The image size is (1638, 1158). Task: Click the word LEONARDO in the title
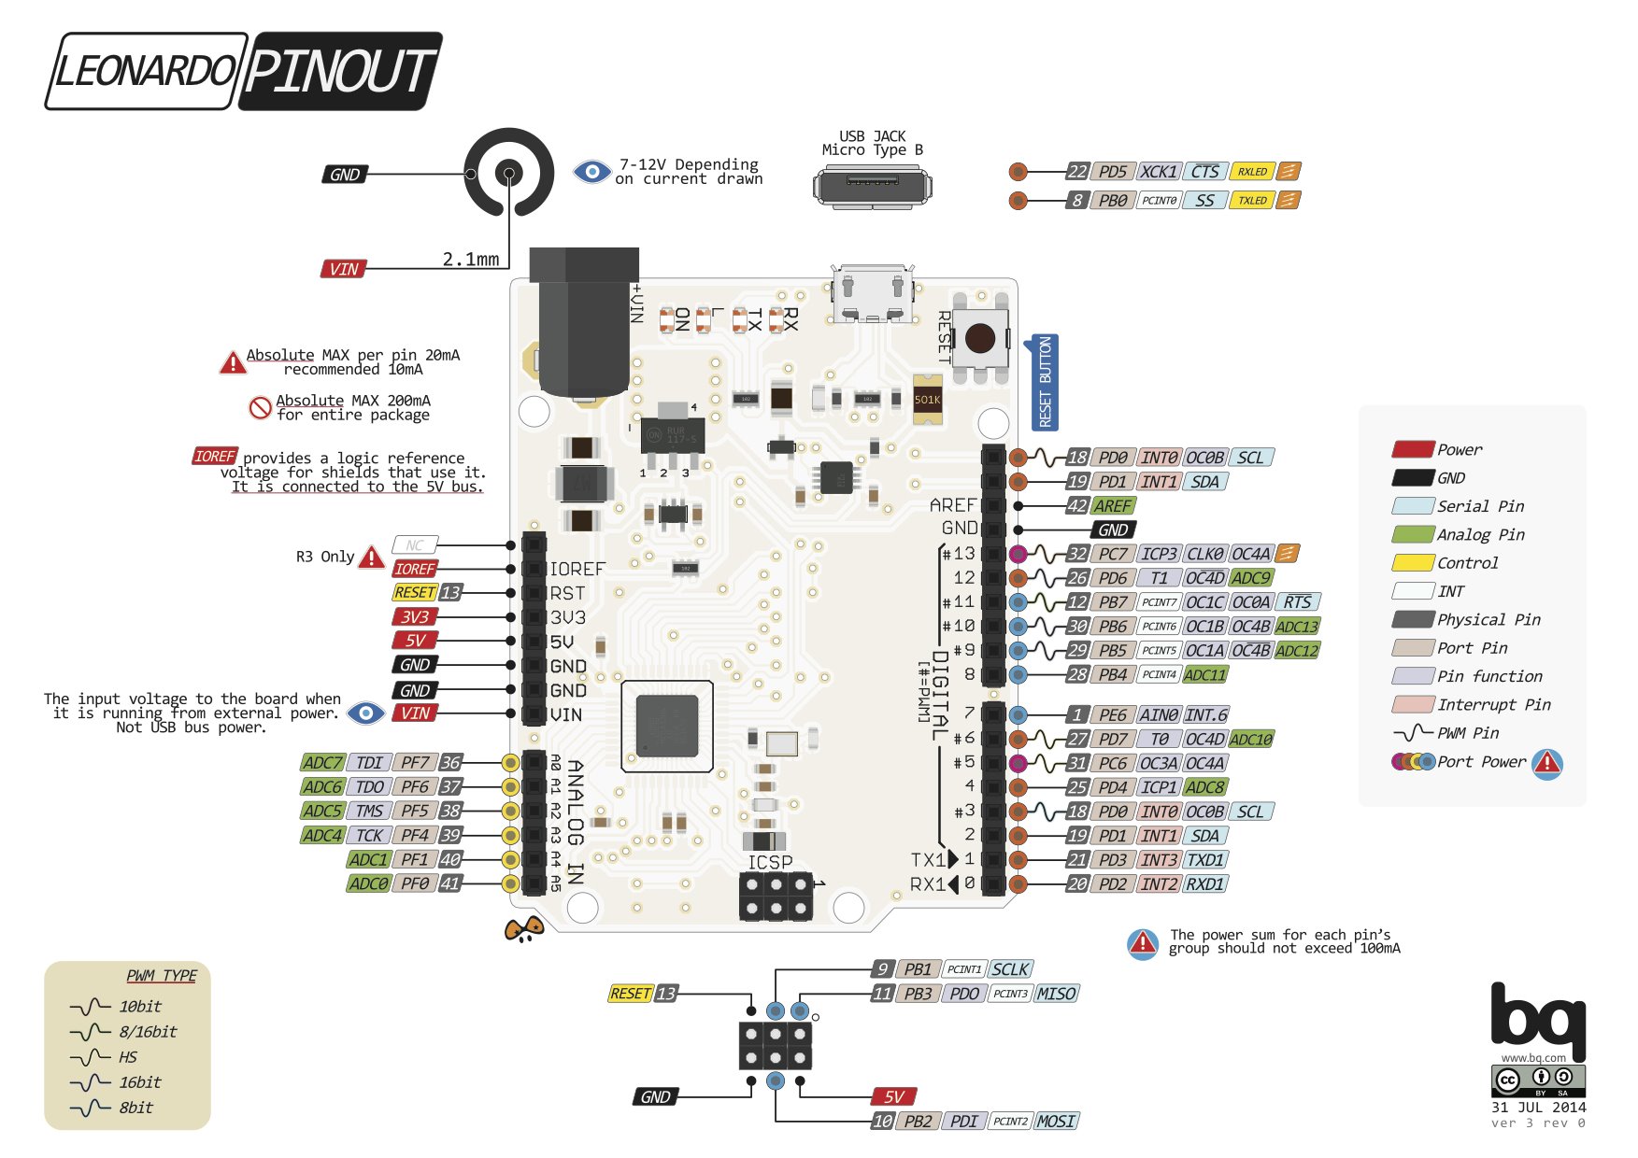146,72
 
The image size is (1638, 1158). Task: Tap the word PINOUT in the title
340,72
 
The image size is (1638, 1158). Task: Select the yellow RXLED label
1252,172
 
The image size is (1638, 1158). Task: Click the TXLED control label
1252,201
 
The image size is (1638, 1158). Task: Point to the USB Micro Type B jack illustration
872,186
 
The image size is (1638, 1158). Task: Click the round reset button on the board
980,338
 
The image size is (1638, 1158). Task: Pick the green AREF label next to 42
1113,506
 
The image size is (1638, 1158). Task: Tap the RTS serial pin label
1297,602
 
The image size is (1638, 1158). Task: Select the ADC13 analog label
1297,627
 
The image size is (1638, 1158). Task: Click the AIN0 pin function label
1159,715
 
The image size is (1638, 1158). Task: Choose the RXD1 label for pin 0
1205,884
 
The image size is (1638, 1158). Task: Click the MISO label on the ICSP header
1056,995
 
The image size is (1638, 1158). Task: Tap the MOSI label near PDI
1056,1122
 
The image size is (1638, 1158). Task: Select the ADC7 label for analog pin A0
322,763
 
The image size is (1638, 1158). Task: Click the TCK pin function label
369,836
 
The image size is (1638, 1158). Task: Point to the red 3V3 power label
415,617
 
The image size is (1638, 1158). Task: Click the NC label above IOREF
415,545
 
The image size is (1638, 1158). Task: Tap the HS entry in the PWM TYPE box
128,1057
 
